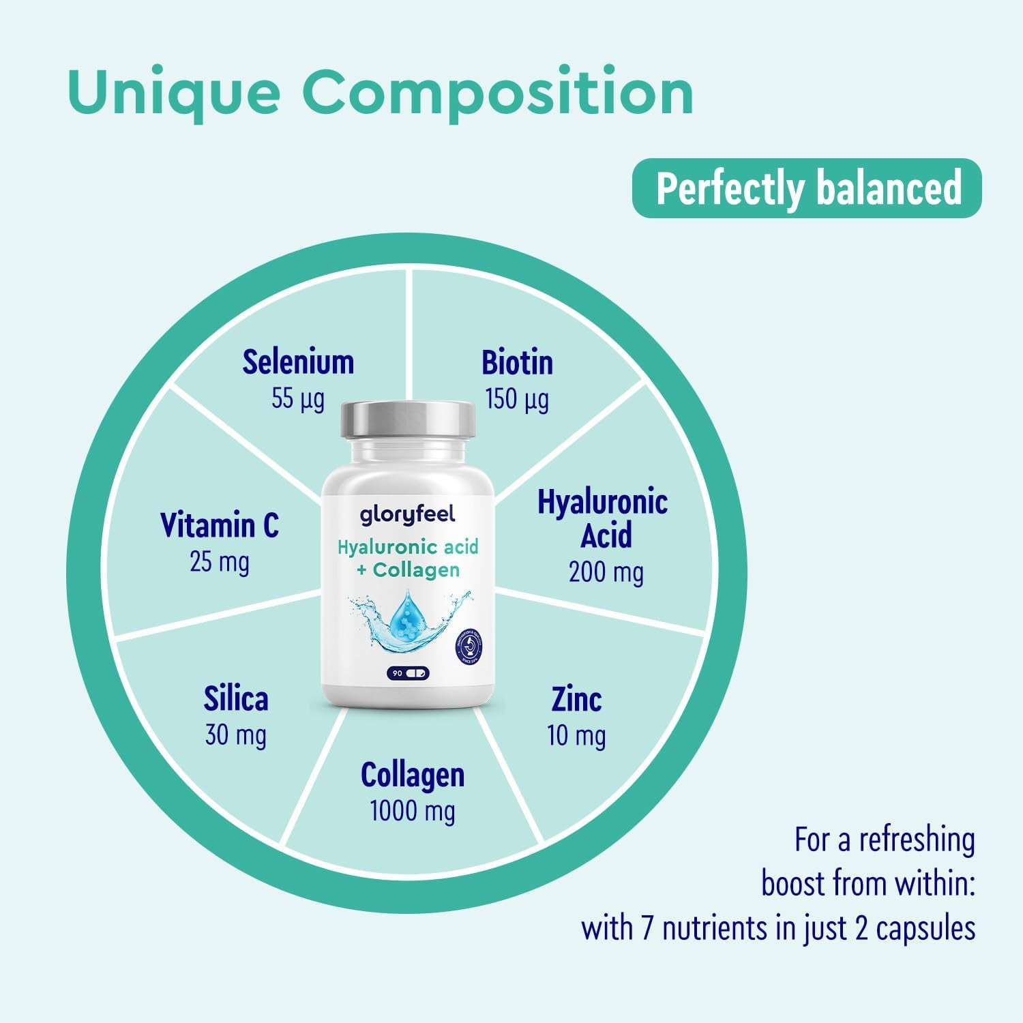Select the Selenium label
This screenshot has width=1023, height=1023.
coord(299,362)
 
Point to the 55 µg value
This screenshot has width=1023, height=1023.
coord(298,399)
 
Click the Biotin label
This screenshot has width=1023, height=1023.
coord(517,362)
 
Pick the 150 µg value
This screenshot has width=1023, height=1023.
coord(516,400)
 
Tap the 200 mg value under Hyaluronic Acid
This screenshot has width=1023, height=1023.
coord(606,572)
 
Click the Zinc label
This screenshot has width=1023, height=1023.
coord(576,699)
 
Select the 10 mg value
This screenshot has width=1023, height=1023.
coord(576,736)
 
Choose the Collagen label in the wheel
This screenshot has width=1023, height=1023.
coord(413,775)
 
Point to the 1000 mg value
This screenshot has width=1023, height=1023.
coord(413,812)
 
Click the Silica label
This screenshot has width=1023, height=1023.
coord(236,699)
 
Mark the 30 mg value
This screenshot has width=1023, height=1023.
coord(236,736)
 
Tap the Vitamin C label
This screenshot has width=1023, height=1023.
coord(220,525)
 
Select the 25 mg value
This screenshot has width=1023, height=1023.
coord(220,563)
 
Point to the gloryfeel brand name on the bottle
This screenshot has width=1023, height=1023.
coord(407,516)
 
